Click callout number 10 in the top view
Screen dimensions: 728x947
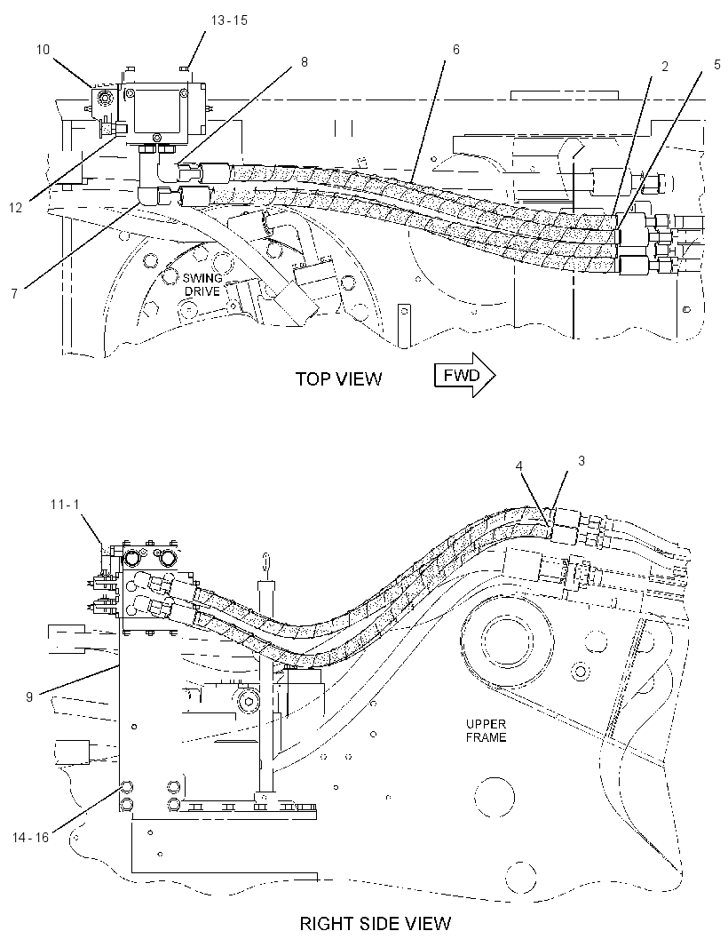click(43, 50)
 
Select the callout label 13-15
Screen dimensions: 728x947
click(229, 20)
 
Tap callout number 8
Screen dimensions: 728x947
click(305, 61)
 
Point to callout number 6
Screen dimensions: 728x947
click(456, 50)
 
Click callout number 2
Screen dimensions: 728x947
click(665, 67)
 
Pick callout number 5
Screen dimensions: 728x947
click(717, 65)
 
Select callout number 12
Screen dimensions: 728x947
click(16, 208)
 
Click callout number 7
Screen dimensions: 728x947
click(14, 293)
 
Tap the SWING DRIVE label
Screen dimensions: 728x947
click(202, 284)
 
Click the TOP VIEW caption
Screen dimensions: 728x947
click(338, 378)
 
